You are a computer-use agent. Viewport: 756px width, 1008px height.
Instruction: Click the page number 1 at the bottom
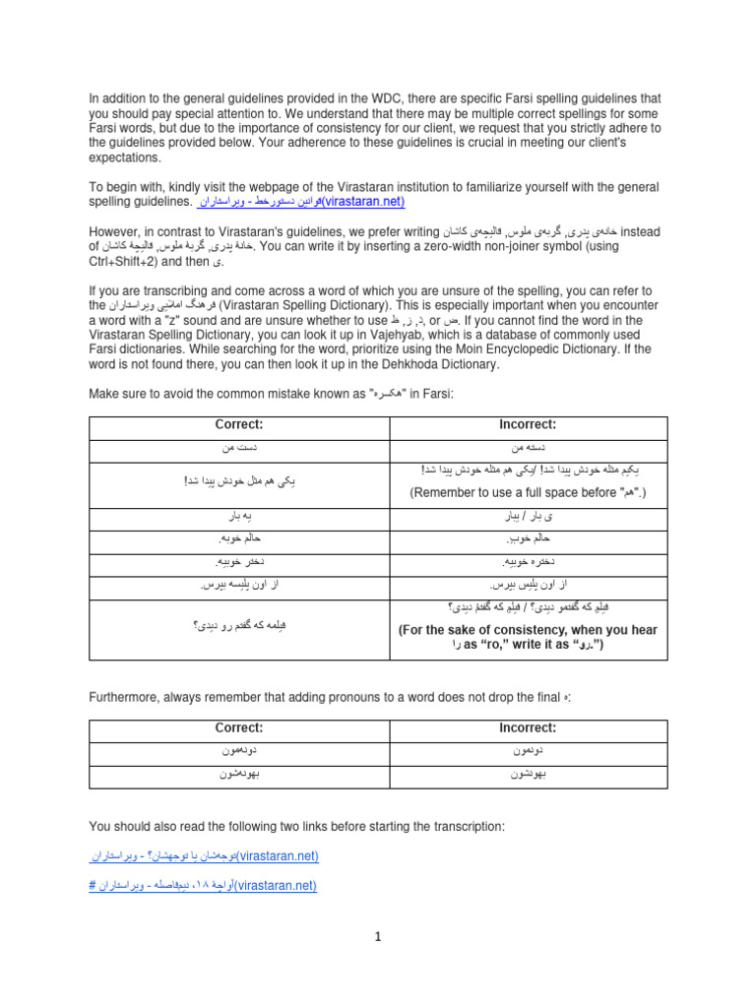pos(377,937)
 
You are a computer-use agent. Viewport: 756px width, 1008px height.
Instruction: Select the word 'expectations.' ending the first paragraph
pos(125,157)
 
